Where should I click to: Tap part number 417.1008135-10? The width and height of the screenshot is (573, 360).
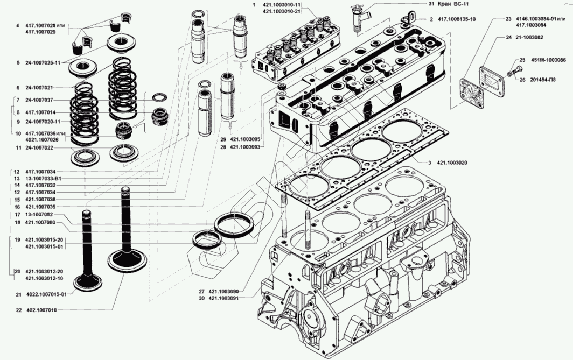457,19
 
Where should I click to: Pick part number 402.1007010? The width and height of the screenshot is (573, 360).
41,310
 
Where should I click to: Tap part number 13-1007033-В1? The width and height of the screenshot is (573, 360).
44,178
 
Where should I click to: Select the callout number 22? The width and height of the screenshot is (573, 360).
18,310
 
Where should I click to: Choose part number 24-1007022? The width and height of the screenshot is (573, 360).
40,147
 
